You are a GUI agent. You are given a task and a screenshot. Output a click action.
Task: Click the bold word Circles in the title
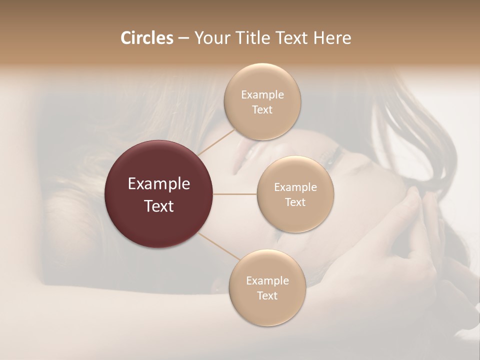point(146,38)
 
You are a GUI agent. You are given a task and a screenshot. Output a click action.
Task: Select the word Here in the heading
point(333,38)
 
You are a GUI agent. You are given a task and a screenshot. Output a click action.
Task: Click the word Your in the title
point(212,38)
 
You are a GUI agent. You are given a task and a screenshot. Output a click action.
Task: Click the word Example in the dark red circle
point(159,184)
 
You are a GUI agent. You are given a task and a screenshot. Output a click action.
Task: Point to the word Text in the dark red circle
point(159,206)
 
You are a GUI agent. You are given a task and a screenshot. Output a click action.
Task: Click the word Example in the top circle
point(262,95)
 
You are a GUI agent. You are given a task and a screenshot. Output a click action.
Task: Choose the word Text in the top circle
point(262,110)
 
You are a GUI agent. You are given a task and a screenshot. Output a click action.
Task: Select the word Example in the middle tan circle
point(295,187)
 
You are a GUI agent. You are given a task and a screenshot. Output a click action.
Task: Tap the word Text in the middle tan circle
point(295,202)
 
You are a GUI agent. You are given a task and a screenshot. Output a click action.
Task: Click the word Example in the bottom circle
point(267,281)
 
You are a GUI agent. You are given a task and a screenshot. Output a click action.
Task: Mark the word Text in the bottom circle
point(267,296)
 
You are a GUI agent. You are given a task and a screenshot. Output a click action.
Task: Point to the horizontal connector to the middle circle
point(235,194)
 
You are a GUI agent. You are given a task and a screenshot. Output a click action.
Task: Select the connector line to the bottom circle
point(218,246)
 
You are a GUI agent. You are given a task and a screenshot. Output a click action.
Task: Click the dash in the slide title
point(183,38)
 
